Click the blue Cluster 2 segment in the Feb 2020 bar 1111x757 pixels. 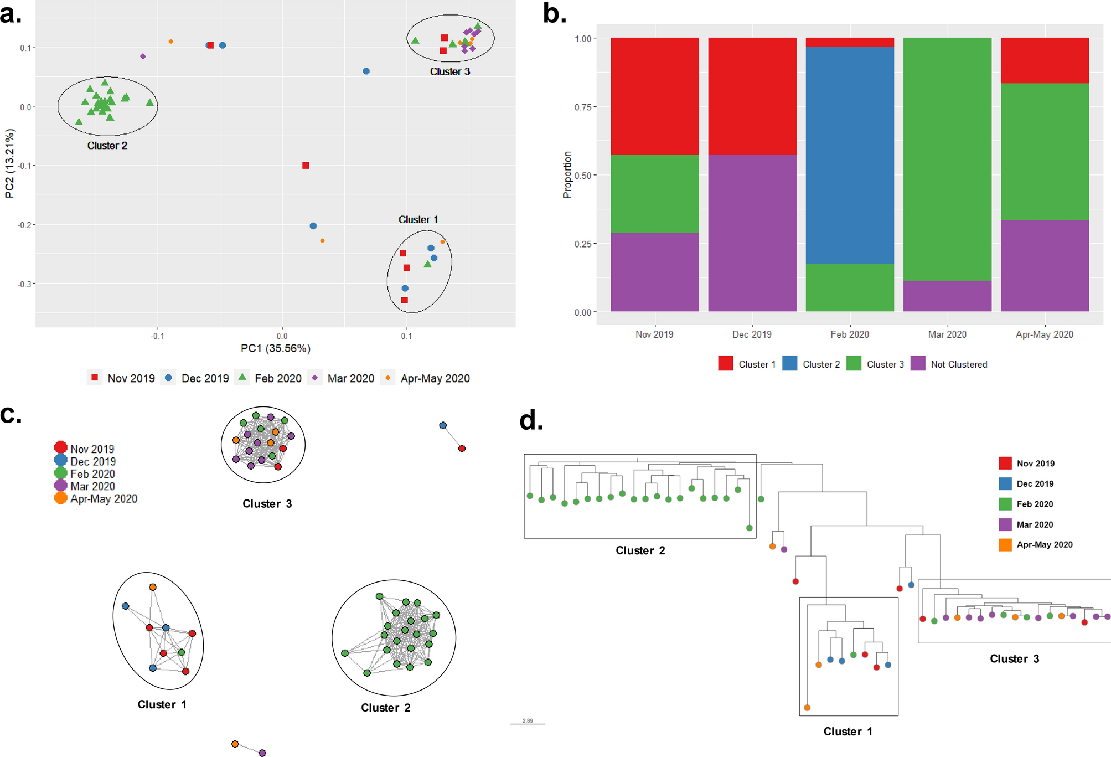click(849, 155)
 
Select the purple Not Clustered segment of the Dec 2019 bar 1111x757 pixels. click(752, 233)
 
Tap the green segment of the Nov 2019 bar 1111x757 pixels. click(654, 193)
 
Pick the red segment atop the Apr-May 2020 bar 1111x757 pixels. click(1045, 60)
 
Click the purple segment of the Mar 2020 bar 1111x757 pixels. click(947, 296)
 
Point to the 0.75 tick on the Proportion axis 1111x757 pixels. click(583, 107)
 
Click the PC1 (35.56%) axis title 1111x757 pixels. click(275, 348)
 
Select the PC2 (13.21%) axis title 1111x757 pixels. click(9, 163)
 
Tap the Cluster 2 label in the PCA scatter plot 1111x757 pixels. click(107, 146)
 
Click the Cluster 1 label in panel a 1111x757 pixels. click(418, 220)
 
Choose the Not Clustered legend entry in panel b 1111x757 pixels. click(958, 364)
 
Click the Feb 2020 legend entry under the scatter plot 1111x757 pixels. click(277, 378)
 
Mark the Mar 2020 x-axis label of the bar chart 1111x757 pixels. click(947, 334)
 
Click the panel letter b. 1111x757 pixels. click(554, 14)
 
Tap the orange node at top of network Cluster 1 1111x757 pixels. click(153, 587)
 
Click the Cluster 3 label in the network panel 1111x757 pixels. click(267, 504)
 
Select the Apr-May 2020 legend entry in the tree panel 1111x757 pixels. click(1044, 545)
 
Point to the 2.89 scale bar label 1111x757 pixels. click(528, 720)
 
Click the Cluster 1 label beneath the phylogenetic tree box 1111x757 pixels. click(848, 732)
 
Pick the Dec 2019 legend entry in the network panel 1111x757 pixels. click(92, 461)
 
